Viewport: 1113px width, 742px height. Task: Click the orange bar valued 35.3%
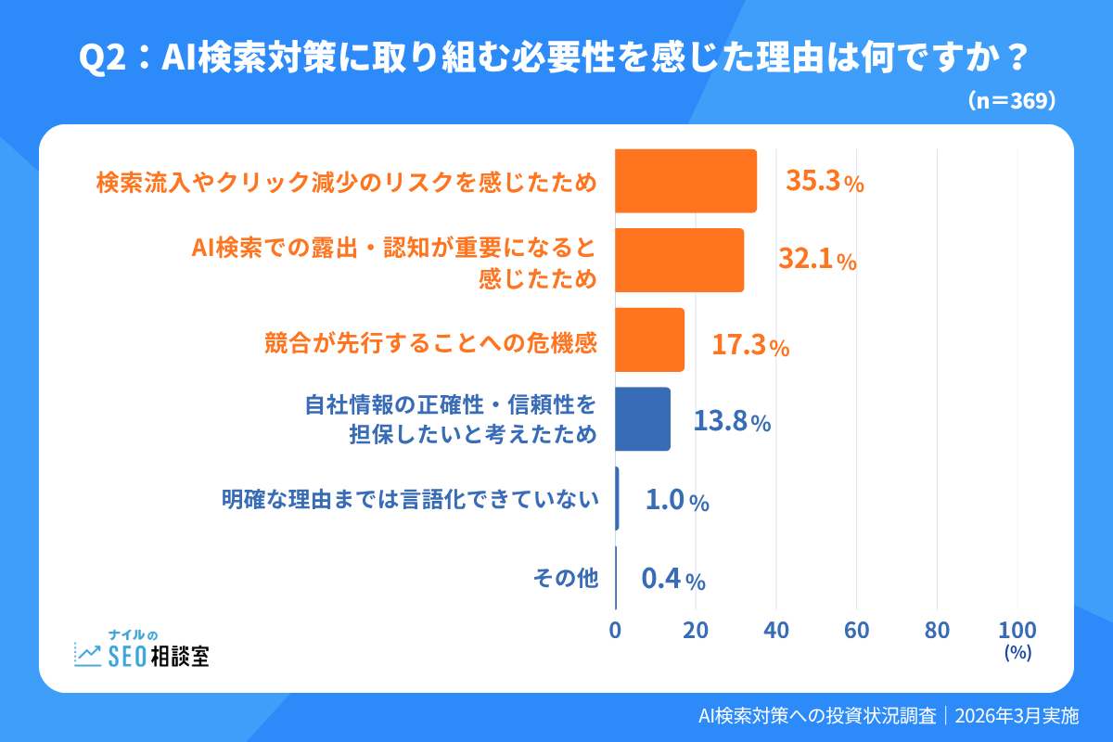pos(685,182)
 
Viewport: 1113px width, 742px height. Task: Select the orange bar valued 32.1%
pos(679,261)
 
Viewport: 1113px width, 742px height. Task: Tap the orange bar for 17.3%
pos(649,340)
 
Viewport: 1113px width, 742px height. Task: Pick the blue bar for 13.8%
pos(642,419)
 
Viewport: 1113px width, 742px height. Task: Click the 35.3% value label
pos(825,182)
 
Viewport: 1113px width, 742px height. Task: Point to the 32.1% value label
pos(817,262)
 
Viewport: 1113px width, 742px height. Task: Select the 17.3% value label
pos(750,347)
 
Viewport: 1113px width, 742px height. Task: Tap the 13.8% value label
pos(732,423)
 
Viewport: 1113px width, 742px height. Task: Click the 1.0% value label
pos(677,502)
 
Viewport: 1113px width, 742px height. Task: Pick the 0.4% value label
pos(673,581)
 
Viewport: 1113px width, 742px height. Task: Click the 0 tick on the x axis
pos(615,630)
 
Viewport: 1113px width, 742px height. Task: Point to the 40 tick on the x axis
pos(776,630)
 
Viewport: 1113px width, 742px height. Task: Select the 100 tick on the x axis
pos(1017,630)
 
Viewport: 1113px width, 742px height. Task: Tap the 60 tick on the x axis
pos(857,630)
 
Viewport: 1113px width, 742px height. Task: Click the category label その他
pos(565,579)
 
